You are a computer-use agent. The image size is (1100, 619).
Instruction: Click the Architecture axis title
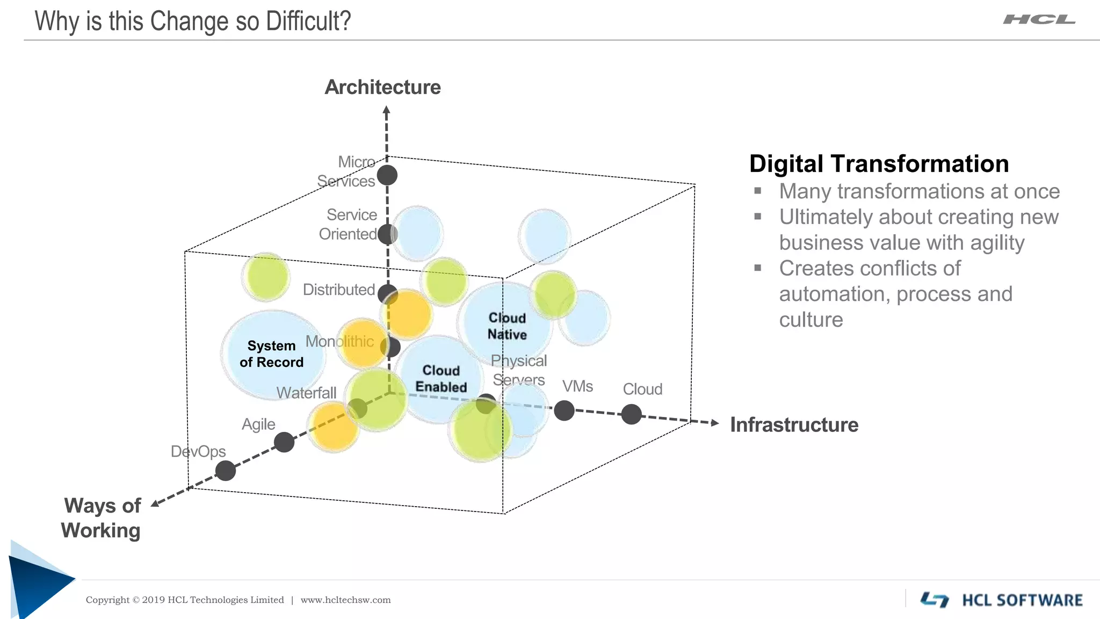(382, 87)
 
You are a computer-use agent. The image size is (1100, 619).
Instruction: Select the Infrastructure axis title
(793, 425)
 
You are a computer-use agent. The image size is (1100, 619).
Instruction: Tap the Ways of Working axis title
(102, 517)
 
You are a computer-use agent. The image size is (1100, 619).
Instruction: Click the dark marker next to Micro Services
(387, 175)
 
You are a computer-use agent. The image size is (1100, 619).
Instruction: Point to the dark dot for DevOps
(226, 471)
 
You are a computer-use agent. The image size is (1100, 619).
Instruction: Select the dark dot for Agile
(284, 442)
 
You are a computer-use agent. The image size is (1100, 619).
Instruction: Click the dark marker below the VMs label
(564, 411)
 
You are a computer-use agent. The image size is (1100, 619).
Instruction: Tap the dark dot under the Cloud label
(631, 414)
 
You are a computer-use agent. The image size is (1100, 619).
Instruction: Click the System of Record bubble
(272, 354)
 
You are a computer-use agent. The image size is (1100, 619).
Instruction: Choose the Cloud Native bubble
(506, 326)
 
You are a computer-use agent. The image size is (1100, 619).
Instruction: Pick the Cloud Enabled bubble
(441, 379)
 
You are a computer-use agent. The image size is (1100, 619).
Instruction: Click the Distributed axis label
(338, 290)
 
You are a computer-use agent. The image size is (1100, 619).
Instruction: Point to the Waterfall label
(306, 393)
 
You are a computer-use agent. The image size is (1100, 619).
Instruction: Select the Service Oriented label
(349, 225)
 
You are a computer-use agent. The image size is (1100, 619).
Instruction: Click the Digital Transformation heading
(879, 164)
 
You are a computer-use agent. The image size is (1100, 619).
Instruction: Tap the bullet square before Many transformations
(757, 190)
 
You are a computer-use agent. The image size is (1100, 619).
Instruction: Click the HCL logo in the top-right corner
(1039, 20)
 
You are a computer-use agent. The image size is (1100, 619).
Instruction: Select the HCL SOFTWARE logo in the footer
(1001, 600)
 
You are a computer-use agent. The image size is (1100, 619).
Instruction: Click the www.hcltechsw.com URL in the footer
(345, 600)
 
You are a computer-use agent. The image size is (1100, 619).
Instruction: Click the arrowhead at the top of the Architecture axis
(386, 111)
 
